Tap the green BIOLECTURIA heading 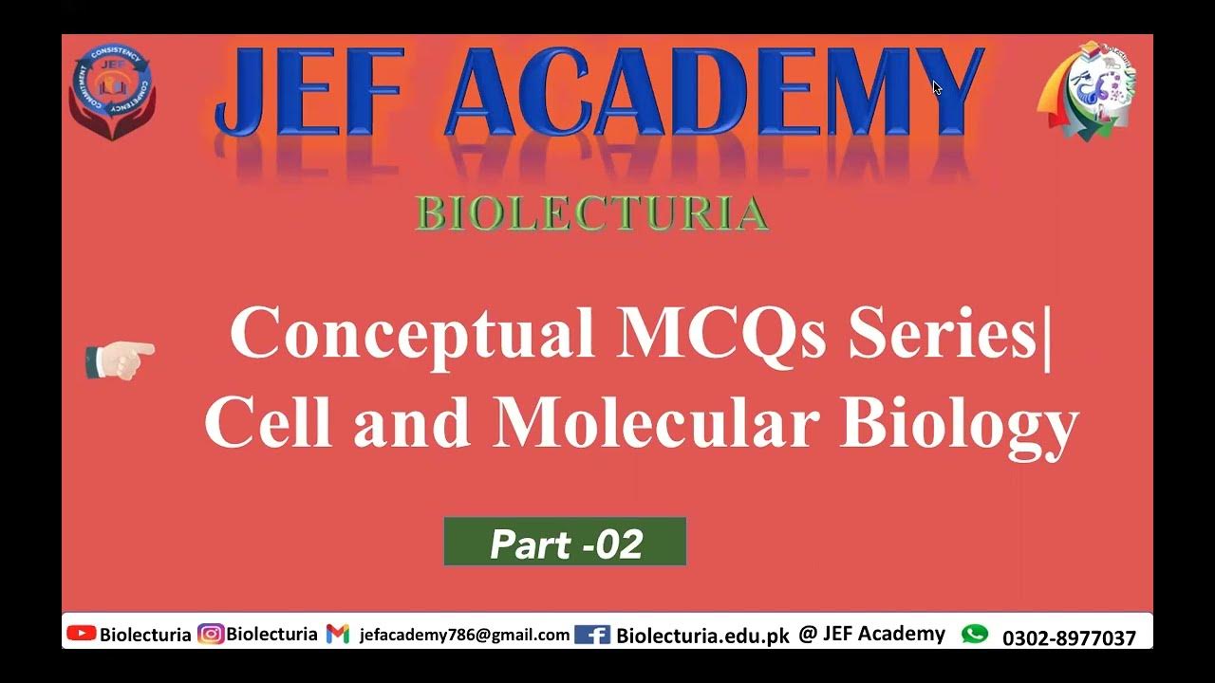[x=591, y=214]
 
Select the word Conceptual [x=412, y=334]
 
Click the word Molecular [x=655, y=423]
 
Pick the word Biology [x=959, y=423]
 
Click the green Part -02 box [x=565, y=543]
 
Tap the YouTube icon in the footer [x=82, y=634]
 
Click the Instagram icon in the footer [x=211, y=635]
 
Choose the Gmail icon [x=338, y=635]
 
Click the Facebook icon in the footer [x=592, y=635]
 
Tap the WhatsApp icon [x=975, y=634]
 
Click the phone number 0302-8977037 [x=1069, y=637]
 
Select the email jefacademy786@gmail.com [x=464, y=636]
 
